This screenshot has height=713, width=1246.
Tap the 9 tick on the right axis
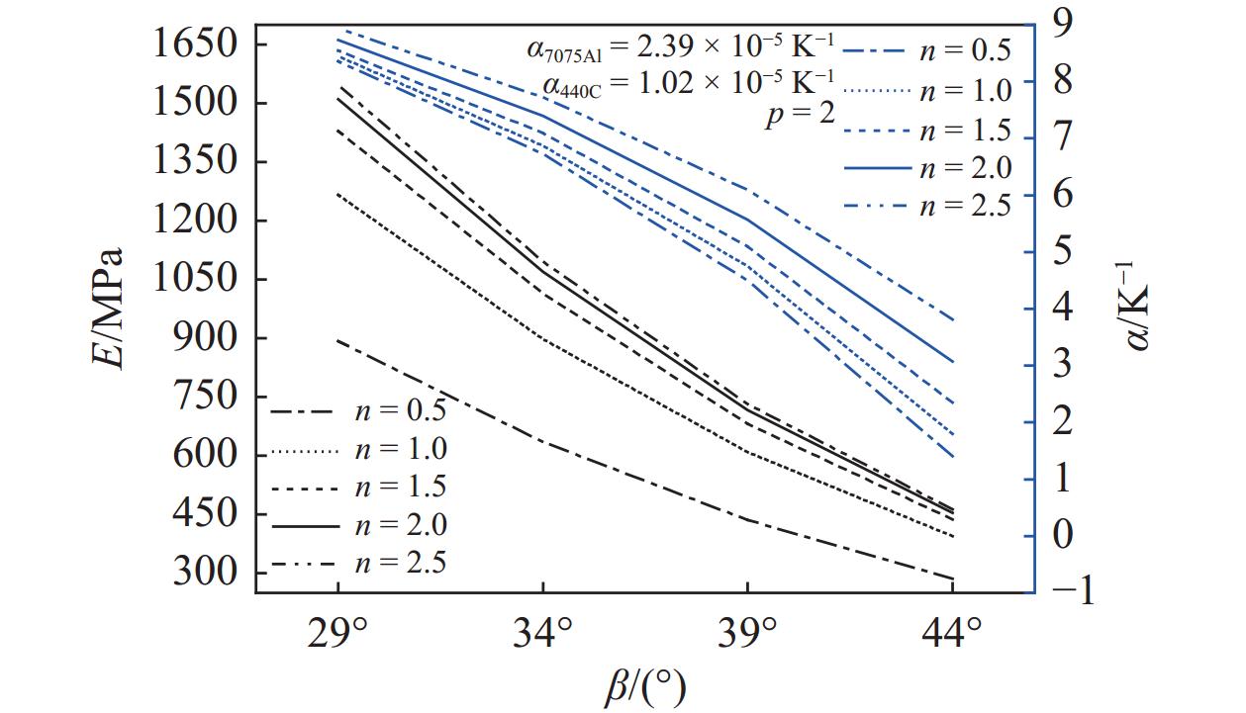[x=1062, y=22]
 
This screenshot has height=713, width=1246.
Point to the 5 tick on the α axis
[x=1062, y=250]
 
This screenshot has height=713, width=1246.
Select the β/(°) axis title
[x=644, y=685]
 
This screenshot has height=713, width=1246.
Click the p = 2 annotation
[x=801, y=116]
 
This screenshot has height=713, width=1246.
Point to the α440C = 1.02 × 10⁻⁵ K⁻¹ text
[x=688, y=79]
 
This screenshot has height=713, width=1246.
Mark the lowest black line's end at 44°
[x=952, y=579]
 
